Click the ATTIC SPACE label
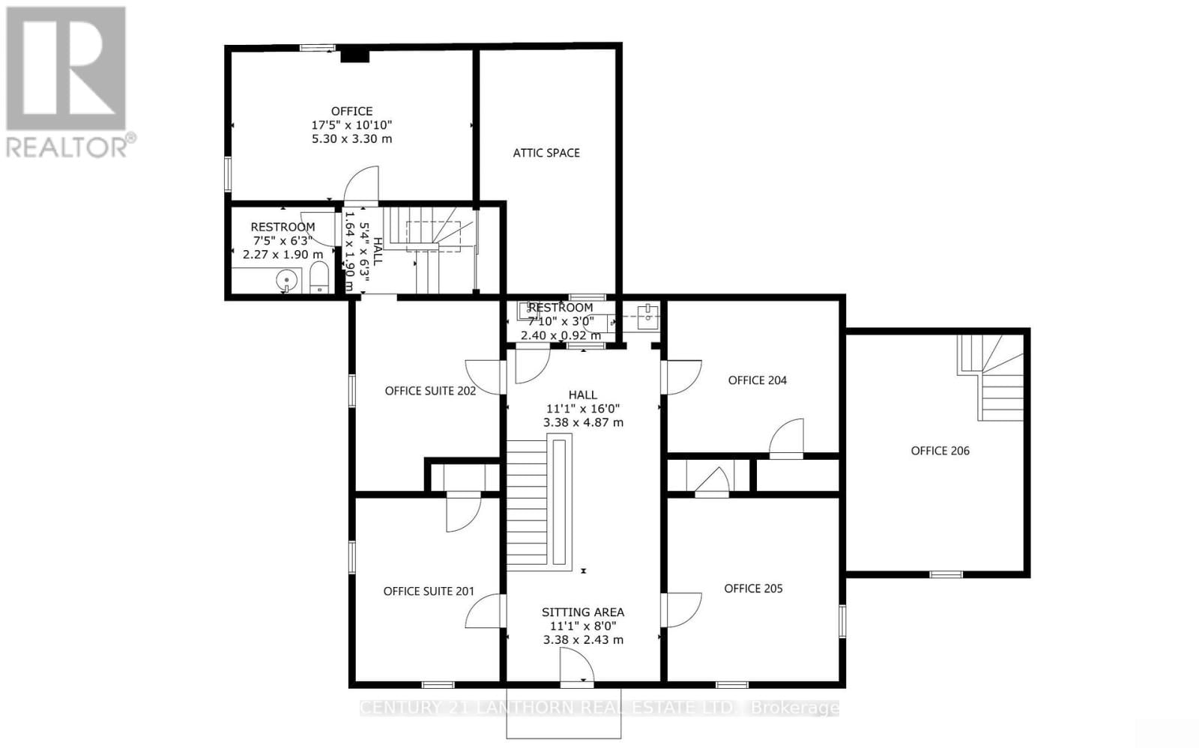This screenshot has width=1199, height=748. tap(546, 153)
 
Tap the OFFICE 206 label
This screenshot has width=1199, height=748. tap(940, 451)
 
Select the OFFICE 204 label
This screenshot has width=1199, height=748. tap(757, 380)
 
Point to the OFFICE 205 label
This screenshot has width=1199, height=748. tap(753, 589)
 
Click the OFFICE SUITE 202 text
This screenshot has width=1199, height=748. tap(430, 391)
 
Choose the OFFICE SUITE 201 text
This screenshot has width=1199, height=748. tap(429, 592)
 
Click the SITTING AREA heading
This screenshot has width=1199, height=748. tap(583, 612)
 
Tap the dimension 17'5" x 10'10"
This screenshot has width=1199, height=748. tap(352, 125)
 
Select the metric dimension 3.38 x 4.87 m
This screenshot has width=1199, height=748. tap(583, 422)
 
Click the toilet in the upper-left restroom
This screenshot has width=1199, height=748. tap(318, 278)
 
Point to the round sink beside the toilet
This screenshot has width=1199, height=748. tap(286, 281)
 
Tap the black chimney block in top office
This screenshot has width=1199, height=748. tap(354, 55)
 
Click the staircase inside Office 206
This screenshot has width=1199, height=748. tap(993, 378)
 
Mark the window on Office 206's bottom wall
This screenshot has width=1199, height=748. tap(946, 574)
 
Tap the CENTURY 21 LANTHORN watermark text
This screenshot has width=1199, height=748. tap(599, 708)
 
